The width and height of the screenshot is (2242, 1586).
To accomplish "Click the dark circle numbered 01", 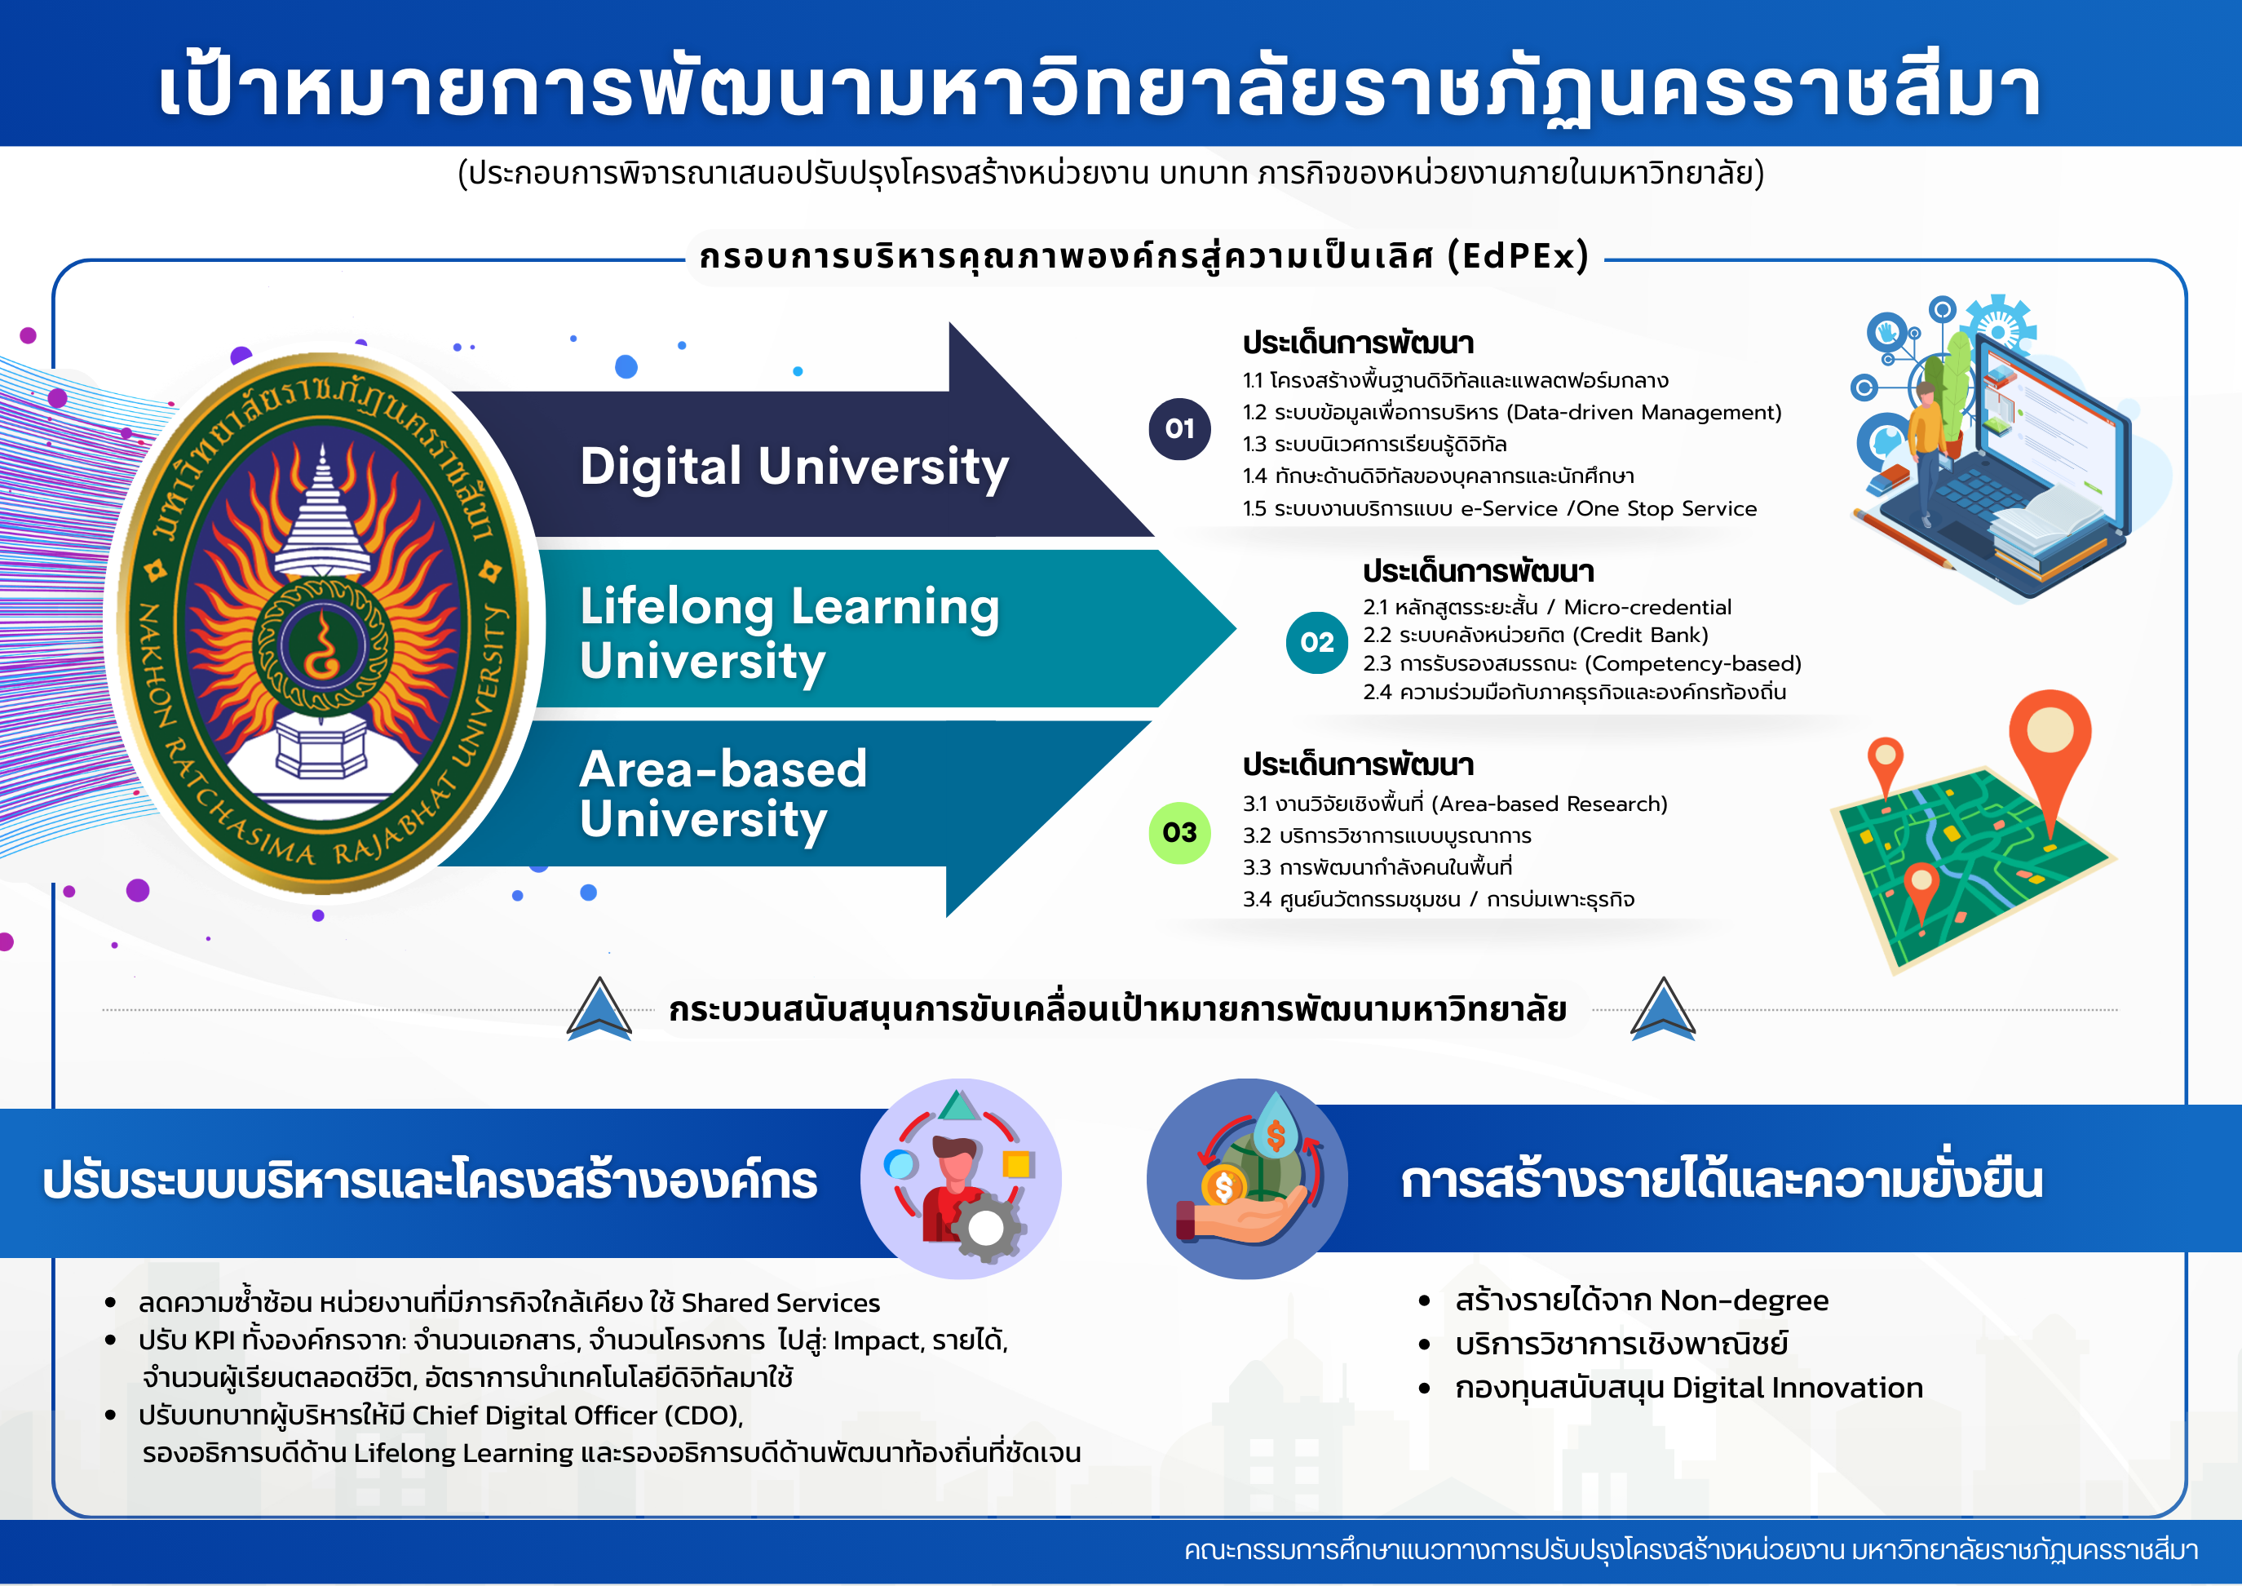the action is [x=1179, y=429].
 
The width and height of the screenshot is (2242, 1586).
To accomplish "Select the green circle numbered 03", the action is [x=1179, y=833].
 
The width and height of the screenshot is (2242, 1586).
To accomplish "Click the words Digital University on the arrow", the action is [x=794, y=467].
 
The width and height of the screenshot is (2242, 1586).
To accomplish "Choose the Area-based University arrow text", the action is [x=723, y=795].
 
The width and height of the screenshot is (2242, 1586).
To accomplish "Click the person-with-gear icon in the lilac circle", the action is [x=961, y=1179].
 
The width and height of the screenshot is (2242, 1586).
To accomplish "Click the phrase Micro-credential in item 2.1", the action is [x=1647, y=608].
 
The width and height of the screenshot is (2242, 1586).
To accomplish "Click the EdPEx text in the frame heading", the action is [x=1519, y=256].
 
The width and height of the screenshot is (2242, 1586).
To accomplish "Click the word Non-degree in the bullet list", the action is [x=1744, y=1300].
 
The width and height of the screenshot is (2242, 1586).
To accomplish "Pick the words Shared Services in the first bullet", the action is [x=780, y=1304].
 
